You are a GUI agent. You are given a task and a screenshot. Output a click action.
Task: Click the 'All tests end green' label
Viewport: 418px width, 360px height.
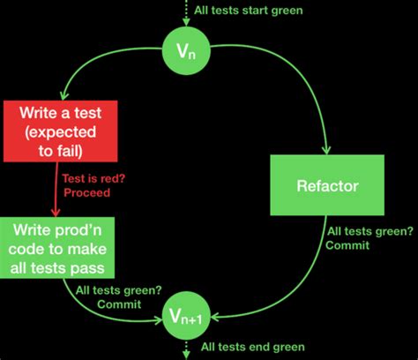coord(252,347)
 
